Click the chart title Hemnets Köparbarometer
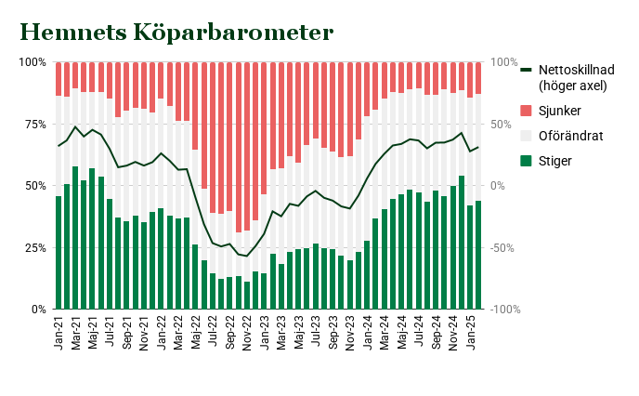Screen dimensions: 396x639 click(x=176, y=33)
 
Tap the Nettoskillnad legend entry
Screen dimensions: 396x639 click(x=585, y=77)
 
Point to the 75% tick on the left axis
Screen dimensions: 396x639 click(x=33, y=124)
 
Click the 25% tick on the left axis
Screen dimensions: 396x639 click(x=33, y=247)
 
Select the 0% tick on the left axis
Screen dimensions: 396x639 click(x=36, y=309)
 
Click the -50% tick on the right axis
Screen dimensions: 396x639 click(x=504, y=247)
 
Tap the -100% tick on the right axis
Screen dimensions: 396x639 click(x=507, y=309)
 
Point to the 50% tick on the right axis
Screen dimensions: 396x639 click(x=502, y=124)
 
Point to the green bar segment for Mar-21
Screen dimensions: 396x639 click(x=75, y=238)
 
